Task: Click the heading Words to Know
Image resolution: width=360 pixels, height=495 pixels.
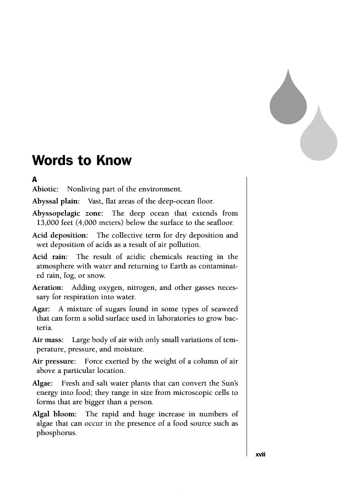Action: click(82, 161)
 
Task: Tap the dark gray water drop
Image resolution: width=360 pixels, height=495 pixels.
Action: click(288, 102)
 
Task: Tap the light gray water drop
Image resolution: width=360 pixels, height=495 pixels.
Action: click(319, 137)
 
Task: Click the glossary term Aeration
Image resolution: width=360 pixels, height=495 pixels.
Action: click(48, 288)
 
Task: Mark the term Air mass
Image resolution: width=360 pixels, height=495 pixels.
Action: click(48, 340)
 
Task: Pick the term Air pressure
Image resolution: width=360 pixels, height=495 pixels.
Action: click(54, 361)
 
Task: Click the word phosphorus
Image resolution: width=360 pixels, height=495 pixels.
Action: click(56, 433)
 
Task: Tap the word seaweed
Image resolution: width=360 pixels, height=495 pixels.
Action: click(223, 309)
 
